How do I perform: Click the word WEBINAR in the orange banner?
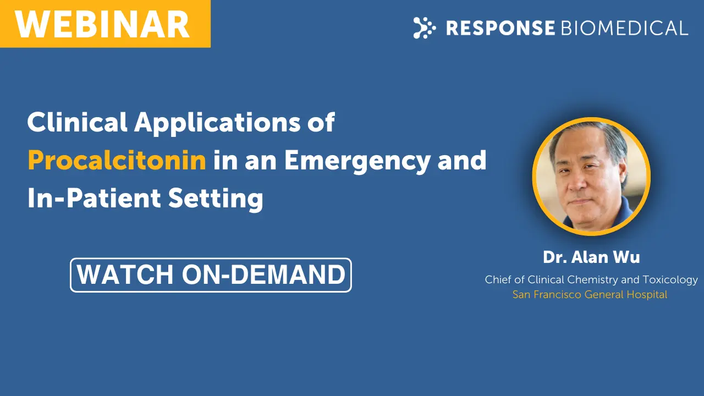coord(102,24)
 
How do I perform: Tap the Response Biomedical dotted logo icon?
coord(424,28)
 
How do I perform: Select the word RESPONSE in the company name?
coord(501,28)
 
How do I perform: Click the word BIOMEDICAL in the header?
coord(624,28)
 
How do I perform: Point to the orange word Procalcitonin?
coord(117,160)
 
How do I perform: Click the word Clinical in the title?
coord(78,122)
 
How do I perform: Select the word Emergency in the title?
coord(357,162)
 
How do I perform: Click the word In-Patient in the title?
coord(94,198)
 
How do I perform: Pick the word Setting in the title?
coord(216,200)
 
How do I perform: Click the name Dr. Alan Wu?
coord(591,257)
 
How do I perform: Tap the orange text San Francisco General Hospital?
coord(590,294)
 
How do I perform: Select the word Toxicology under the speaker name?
coord(670,280)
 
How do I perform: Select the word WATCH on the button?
coord(125,274)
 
